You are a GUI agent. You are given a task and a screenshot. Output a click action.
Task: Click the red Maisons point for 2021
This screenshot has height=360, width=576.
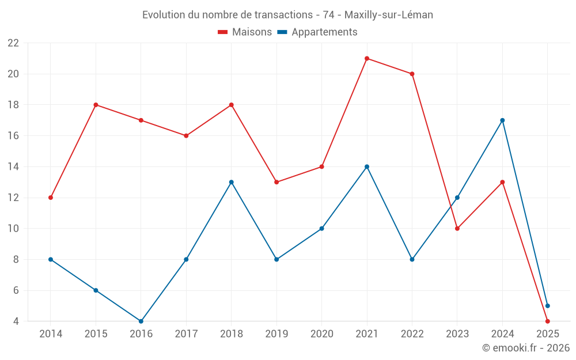(367, 58)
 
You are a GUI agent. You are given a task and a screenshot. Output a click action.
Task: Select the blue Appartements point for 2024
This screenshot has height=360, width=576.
(502, 120)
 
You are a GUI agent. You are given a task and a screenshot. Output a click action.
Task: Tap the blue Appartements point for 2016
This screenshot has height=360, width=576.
(141, 321)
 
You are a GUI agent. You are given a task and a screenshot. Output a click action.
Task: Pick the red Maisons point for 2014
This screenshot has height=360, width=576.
(51, 198)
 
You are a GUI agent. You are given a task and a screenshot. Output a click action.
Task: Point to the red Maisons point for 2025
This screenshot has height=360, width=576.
(547, 321)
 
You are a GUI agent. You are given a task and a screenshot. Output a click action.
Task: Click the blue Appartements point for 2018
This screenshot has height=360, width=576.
(232, 182)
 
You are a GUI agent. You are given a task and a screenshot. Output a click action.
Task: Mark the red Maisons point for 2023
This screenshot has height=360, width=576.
(457, 229)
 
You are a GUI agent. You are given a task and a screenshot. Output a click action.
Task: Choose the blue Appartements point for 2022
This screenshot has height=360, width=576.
(412, 259)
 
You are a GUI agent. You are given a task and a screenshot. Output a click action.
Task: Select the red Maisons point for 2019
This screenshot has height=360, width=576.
(276, 182)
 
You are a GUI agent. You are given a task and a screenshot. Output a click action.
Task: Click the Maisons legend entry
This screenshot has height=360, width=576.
(245, 32)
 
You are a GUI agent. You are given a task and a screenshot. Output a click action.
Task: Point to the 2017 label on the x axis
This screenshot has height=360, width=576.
(186, 334)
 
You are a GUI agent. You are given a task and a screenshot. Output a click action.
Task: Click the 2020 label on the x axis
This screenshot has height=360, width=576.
(321, 334)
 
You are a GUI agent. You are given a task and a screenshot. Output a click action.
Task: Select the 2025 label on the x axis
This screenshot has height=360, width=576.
(547, 334)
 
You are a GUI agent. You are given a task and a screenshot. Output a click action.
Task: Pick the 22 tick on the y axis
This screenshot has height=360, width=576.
(13, 43)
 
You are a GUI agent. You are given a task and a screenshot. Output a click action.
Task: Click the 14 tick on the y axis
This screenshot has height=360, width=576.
(13, 167)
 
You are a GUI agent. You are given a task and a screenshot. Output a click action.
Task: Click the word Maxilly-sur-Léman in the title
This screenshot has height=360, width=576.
(389, 15)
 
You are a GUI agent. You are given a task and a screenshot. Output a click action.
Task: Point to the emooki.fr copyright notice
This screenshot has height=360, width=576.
(525, 348)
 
